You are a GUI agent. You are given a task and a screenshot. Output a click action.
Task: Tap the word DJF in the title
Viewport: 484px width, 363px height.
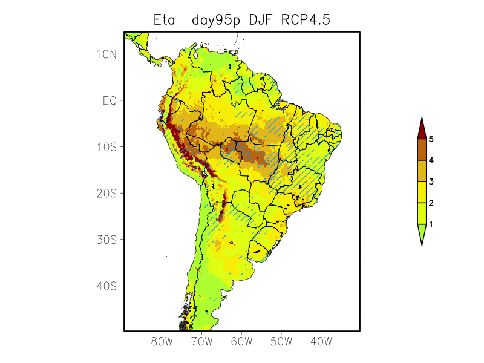click(x=262, y=20)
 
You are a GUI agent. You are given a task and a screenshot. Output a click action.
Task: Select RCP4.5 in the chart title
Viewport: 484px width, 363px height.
click(x=306, y=20)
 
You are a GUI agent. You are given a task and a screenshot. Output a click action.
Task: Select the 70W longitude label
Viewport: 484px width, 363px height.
click(x=201, y=342)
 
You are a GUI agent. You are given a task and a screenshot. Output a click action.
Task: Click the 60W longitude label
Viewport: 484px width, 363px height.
click(x=241, y=342)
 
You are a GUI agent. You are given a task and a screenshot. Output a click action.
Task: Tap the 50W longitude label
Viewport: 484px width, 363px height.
click(x=281, y=342)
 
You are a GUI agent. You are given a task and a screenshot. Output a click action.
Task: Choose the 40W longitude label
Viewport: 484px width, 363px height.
click(x=321, y=342)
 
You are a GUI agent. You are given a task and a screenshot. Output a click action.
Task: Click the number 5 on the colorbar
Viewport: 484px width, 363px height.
click(x=431, y=139)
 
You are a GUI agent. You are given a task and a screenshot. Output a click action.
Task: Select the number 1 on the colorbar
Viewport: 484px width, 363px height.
click(x=431, y=224)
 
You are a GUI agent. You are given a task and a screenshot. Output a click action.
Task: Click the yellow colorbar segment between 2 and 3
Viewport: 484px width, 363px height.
click(x=422, y=192)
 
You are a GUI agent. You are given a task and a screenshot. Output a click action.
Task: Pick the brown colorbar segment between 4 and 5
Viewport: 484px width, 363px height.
click(x=422, y=149)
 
